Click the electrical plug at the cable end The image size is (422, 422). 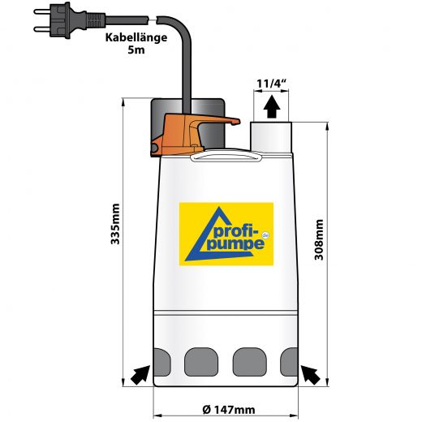(69, 20)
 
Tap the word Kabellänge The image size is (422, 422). (136, 37)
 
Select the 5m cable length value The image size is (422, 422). (136, 50)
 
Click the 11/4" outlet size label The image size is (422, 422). (271, 84)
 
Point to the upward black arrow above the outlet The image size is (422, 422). (272, 106)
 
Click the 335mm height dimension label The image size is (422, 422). (115, 224)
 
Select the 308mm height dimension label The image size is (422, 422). (319, 239)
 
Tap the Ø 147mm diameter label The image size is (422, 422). (229, 410)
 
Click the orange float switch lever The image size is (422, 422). (189, 134)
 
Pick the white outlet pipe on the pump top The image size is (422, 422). (271, 137)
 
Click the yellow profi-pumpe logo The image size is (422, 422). (226, 234)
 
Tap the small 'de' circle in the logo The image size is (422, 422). (265, 235)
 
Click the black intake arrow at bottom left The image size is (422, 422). (140, 375)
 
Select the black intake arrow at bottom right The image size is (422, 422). (311, 375)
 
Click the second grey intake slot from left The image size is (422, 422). (201, 362)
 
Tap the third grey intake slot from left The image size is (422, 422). (250, 362)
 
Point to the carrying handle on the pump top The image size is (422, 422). (226, 157)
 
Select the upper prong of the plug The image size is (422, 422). (42, 11)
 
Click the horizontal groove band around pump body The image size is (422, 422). (226, 313)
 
